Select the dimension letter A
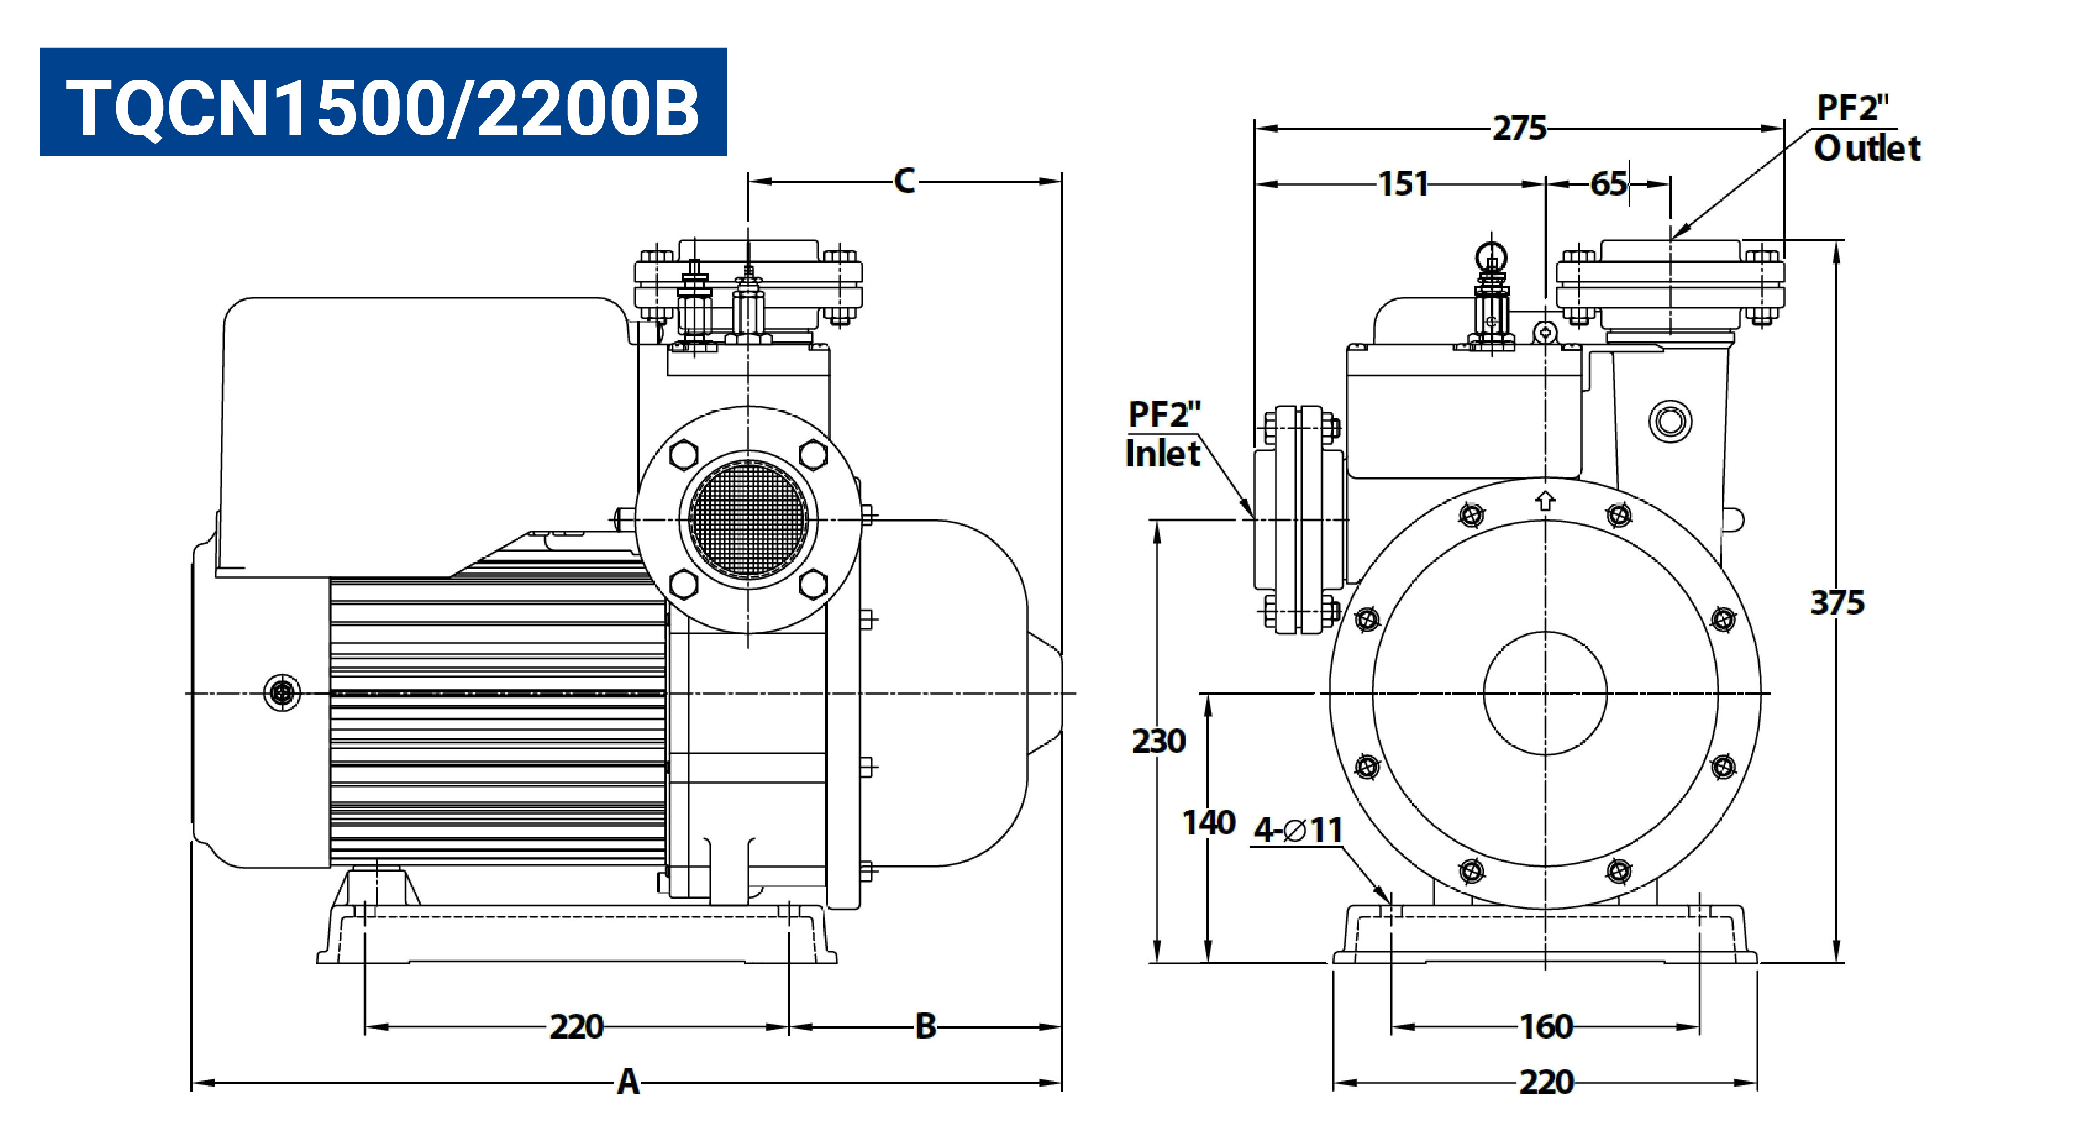click(628, 1082)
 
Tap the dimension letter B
click(925, 1026)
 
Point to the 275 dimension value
click(1519, 128)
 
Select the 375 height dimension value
click(1837, 602)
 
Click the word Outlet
click(1867, 148)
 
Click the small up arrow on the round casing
click(1545, 500)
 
